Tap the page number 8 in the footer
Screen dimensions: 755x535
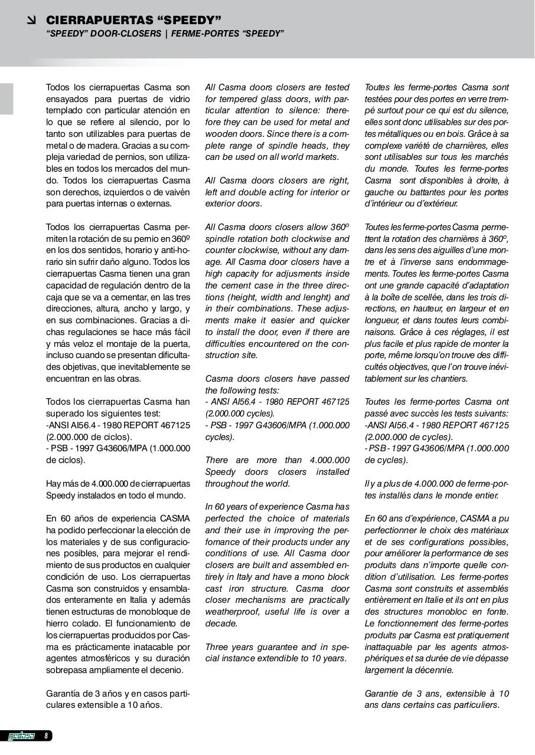tap(46, 736)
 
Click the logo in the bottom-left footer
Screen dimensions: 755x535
tap(22, 736)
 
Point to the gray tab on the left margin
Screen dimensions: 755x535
tap(6, 99)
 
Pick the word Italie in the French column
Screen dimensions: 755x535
tap(429, 600)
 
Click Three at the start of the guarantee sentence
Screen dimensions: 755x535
tap(217, 646)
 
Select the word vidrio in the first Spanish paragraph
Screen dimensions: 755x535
tap(177, 99)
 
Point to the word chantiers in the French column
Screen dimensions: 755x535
tap(448, 379)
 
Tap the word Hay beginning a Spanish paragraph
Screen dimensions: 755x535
tap(54, 484)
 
